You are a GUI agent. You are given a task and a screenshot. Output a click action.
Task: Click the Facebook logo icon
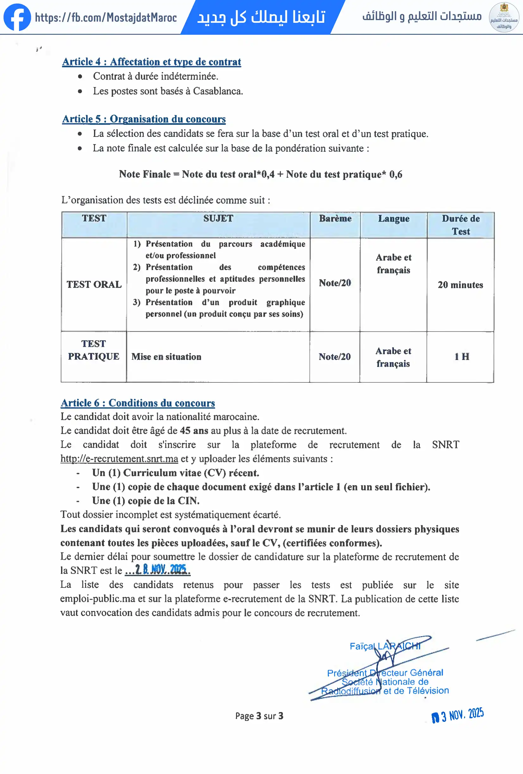17,17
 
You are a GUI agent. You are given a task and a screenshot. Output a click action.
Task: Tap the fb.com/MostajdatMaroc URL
106,17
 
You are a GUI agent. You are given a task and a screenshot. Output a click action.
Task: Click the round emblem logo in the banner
504,17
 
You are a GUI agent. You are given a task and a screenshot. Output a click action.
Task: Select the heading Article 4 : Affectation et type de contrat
151,62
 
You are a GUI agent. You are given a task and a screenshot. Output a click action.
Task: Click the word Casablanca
218,91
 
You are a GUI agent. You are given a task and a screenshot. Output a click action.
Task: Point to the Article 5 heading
144,119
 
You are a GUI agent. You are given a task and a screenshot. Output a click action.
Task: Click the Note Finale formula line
260,174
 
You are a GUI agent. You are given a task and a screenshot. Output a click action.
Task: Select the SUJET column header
218,218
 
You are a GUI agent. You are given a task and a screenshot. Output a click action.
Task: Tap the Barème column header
335,218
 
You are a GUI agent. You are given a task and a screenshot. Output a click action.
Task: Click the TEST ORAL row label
94,284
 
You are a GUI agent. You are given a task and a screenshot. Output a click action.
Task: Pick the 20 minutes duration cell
460,285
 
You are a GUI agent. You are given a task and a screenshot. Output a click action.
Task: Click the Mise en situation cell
166,357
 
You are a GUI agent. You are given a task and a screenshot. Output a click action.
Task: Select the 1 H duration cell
462,357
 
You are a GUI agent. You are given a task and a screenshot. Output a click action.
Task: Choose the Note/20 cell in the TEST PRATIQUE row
335,357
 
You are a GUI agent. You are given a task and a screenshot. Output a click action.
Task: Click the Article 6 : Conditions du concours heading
138,403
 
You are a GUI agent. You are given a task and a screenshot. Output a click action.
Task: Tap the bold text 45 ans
194,431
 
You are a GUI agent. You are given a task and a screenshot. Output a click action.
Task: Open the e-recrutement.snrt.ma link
119,459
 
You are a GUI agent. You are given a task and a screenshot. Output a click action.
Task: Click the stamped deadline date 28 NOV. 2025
160,570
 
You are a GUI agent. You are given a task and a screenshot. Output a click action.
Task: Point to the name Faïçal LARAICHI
385,646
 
